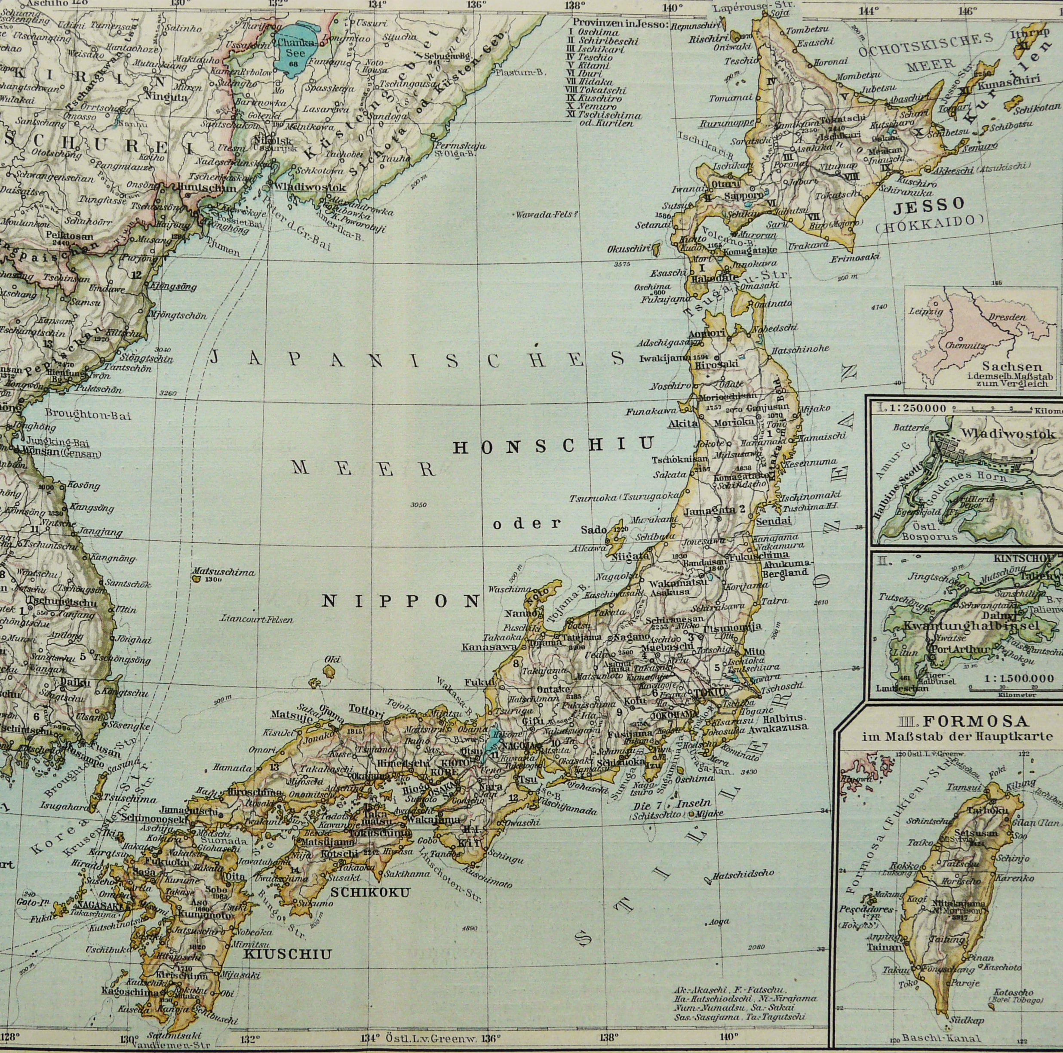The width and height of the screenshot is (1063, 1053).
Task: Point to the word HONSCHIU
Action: (x=553, y=445)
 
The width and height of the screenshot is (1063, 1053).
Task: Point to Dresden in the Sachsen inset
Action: (x=1007, y=317)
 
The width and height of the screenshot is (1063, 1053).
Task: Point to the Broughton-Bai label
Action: (x=88, y=415)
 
